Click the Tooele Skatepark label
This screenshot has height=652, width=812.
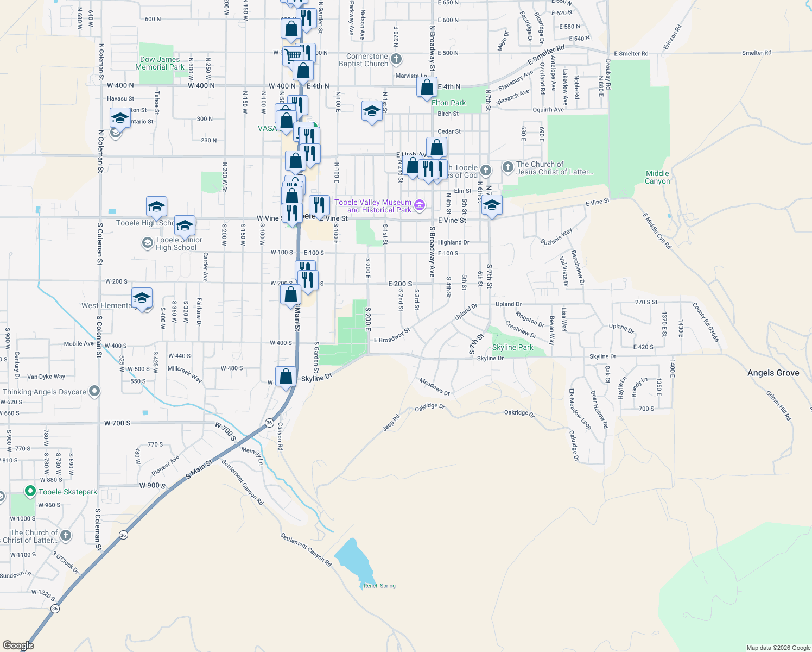coord(67,492)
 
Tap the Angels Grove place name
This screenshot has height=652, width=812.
coord(773,373)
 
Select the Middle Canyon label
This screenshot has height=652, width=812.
coord(657,177)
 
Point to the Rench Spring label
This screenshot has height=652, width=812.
coord(379,586)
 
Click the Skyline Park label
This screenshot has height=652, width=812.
coord(512,347)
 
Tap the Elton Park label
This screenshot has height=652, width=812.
coord(448,103)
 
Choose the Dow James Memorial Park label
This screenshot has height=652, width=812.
coord(160,63)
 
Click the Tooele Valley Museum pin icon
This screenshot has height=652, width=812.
coord(419,205)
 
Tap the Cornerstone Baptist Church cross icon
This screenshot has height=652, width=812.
coord(396,59)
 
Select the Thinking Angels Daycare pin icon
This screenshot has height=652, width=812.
coord(94,391)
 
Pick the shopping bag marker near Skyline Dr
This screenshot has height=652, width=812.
coord(286,377)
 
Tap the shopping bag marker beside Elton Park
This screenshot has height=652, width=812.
coord(427,87)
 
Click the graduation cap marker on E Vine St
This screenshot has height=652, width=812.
coord(492,205)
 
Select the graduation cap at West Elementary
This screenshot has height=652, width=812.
coord(142,298)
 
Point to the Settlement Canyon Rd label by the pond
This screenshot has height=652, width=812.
coord(306,550)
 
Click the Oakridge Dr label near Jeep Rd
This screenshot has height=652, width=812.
coord(430,407)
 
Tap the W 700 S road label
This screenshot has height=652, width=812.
coord(117,423)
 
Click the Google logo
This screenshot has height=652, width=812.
coord(18,645)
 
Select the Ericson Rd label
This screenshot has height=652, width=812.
coord(671,37)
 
